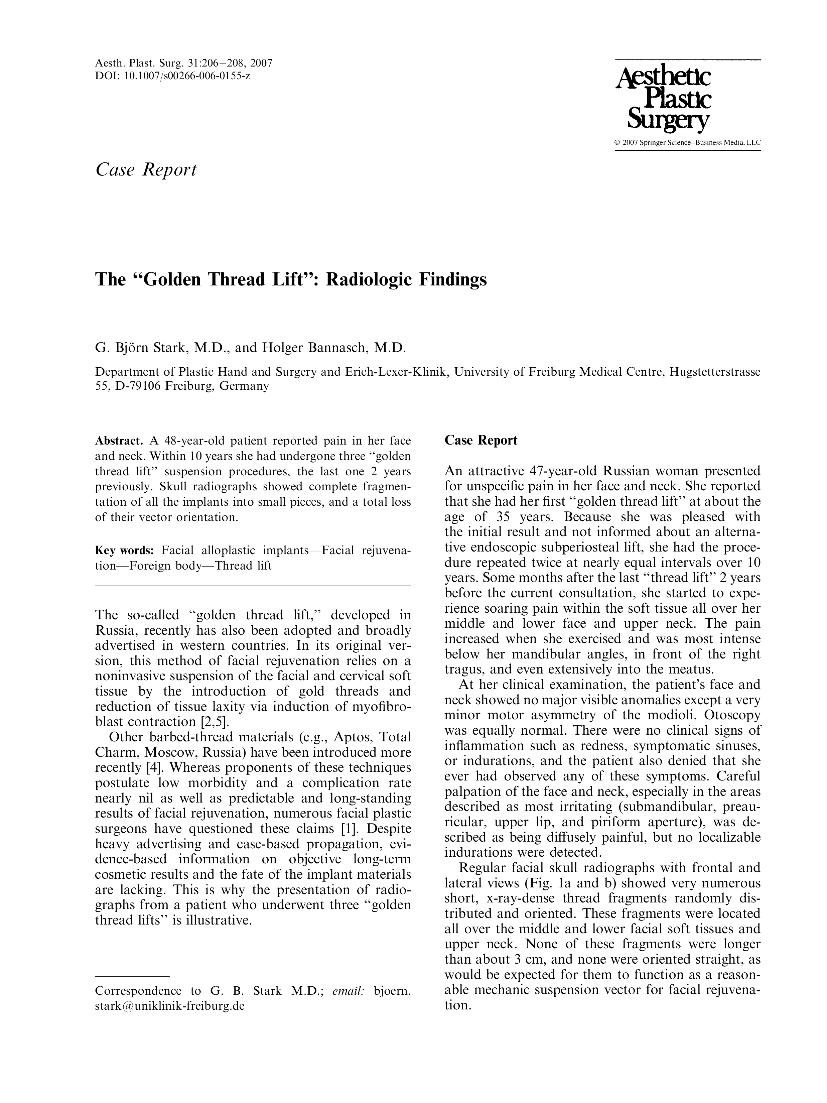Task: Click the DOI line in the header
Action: [172, 76]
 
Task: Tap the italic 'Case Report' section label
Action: [146, 169]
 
